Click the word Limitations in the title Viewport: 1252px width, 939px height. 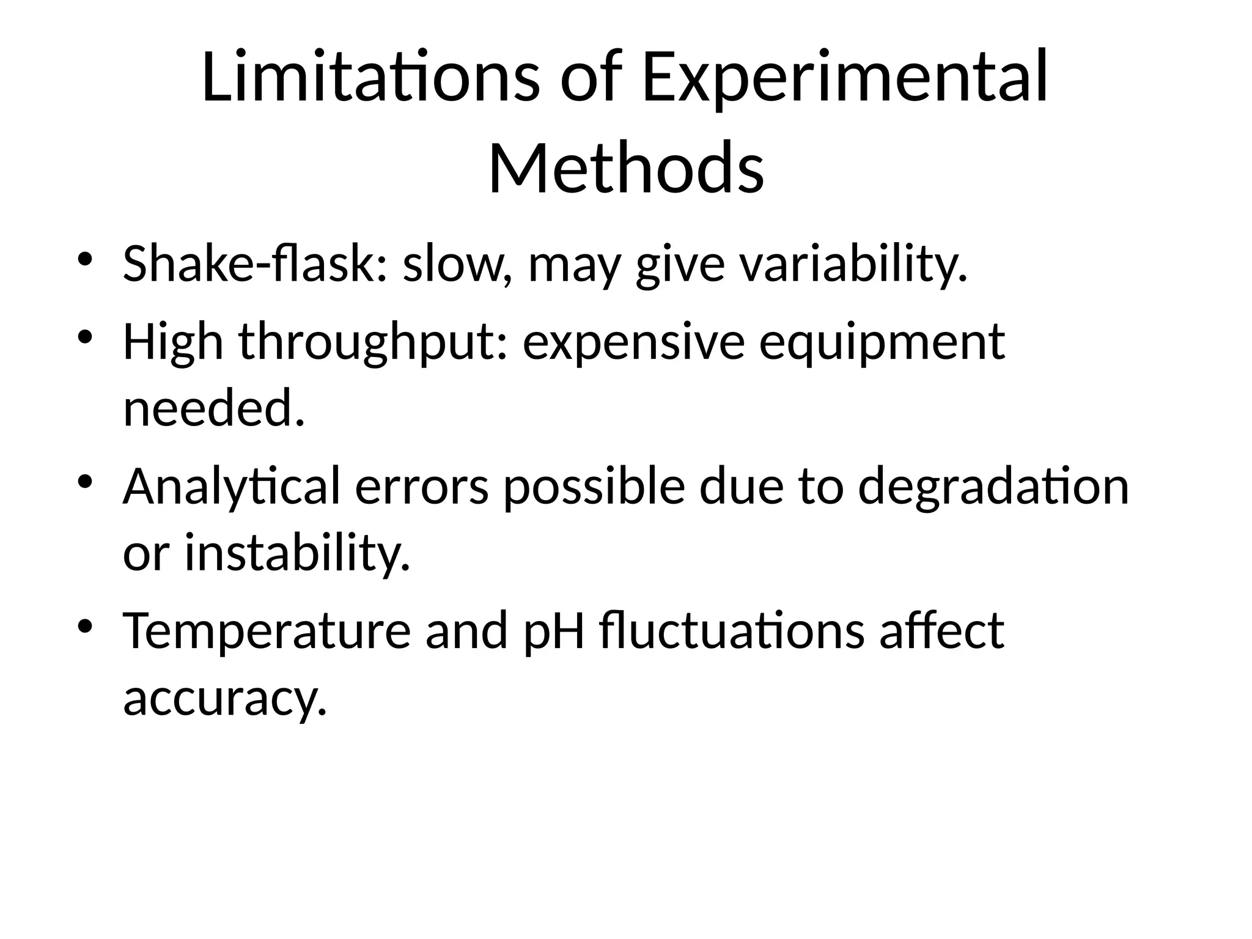370,78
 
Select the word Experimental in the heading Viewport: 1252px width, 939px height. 845,78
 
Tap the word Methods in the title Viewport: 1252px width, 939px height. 626,168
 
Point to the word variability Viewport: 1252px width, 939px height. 853,264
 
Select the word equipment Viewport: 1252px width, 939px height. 882,342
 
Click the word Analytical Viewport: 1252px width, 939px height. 231,487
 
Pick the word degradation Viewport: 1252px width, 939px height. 993,487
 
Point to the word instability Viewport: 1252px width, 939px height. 297,553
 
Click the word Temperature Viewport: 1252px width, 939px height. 267,631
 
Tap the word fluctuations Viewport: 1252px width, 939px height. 732,631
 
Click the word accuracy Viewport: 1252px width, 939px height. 225,698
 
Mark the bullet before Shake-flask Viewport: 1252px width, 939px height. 85,257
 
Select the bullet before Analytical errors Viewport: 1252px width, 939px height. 85,481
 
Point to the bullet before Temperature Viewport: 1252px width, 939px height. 85,625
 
